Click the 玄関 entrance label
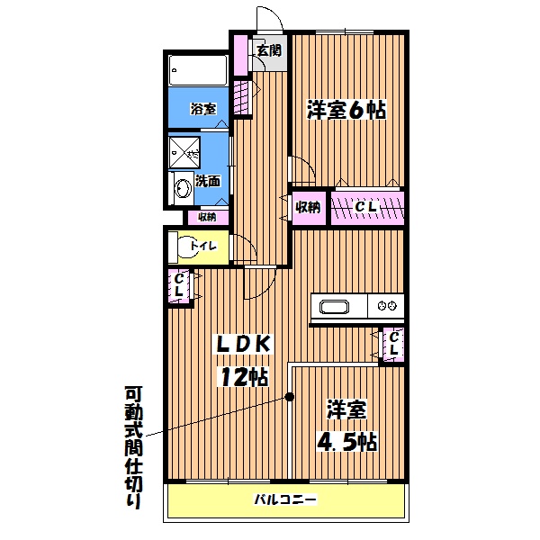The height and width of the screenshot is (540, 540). click(x=268, y=50)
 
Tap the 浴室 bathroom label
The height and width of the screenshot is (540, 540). click(x=202, y=109)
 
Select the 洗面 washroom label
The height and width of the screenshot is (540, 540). click(x=208, y=180)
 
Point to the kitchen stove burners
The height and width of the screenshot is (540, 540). click(x=389, y=306)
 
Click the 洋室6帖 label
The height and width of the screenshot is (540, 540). click(x=346, y=111)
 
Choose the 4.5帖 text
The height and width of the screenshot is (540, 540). click(x=346, y=442)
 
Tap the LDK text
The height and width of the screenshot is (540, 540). click(x=240, y=345)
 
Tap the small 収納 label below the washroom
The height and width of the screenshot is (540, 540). click(x=206, y=217)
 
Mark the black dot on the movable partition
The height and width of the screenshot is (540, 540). click(x=290, y=397)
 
